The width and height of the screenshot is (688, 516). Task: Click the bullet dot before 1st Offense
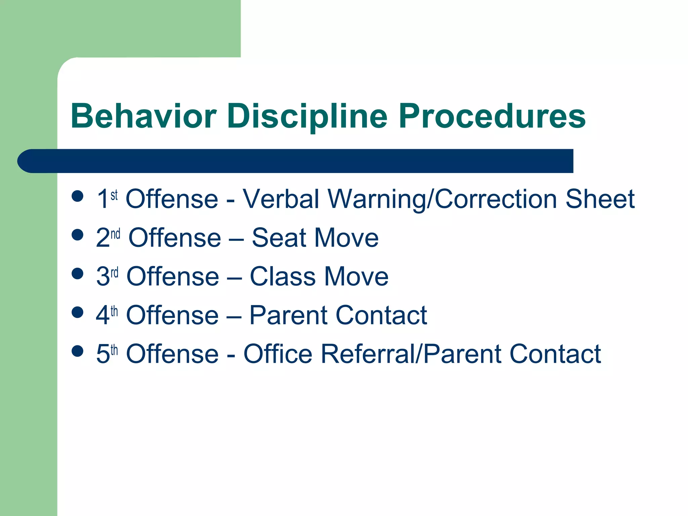coord(78,196)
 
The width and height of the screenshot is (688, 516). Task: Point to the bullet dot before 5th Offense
coord(78,351)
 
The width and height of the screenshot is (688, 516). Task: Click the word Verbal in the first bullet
coord(281,199)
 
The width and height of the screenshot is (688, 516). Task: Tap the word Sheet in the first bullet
coord(600,199)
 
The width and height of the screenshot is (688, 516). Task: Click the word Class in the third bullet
coord(283,276)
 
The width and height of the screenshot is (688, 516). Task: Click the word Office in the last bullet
coord(278,354)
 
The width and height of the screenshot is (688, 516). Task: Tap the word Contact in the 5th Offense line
coord(555,354)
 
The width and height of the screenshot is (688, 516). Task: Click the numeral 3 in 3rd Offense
coord(103,276)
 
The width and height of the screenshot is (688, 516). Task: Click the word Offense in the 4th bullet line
coord(172,315)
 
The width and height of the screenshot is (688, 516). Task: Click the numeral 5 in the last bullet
coord(103,354)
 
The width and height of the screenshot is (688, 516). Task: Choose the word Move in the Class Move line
coord(356,276)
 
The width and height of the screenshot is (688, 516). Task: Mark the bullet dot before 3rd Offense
coord(78,273)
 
